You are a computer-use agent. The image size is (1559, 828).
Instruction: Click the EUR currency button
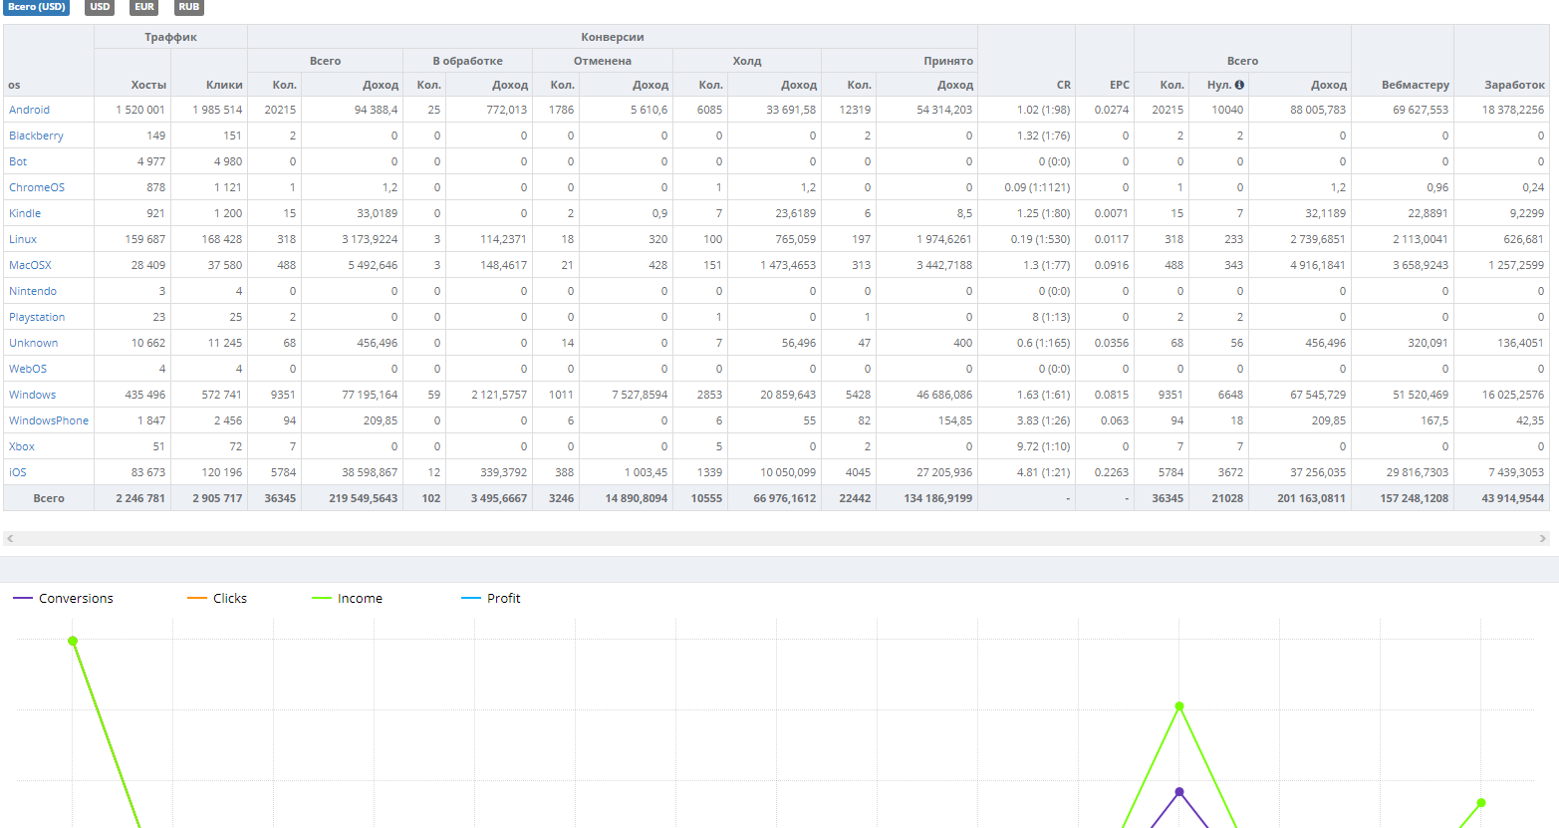(x=144, y=7)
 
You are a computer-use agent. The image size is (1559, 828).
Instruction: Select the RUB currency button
(x=188, y=7)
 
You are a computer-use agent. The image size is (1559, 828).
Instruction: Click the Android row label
(x=29, y=110)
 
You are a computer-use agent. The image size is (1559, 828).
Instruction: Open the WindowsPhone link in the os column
(x=49, y=420)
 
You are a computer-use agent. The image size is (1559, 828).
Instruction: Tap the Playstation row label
(x=37, y=317)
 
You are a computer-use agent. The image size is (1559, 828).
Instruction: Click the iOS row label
(x=17, y=472)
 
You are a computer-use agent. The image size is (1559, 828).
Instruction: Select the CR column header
(x=1064, y=85)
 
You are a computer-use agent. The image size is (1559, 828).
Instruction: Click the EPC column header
(x=1119, y=85)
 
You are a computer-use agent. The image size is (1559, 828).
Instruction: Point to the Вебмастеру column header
(x=1415, y=85)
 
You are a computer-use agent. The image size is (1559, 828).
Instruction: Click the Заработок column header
(x=1514, y=85)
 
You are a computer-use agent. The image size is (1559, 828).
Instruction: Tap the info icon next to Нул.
(x=1239, y=85)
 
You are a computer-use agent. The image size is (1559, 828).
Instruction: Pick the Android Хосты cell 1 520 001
(x=139, y=110)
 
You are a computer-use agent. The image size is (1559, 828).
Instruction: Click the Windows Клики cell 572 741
(x=221, y=395)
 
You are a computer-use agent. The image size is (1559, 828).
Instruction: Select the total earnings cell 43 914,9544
(x=1512, y=498)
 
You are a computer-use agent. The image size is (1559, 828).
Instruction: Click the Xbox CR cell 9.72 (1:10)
(x=1043, y=446)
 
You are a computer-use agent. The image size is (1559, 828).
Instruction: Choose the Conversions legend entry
(x=63, y=598)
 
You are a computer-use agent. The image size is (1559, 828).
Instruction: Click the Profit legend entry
(x=491, y=598)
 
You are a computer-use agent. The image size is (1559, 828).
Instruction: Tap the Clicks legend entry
(x=217, y=598)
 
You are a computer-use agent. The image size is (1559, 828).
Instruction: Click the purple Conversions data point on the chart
(x=1179, y=792)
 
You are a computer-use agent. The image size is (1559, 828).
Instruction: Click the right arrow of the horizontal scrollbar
(x=1542, y=538)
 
